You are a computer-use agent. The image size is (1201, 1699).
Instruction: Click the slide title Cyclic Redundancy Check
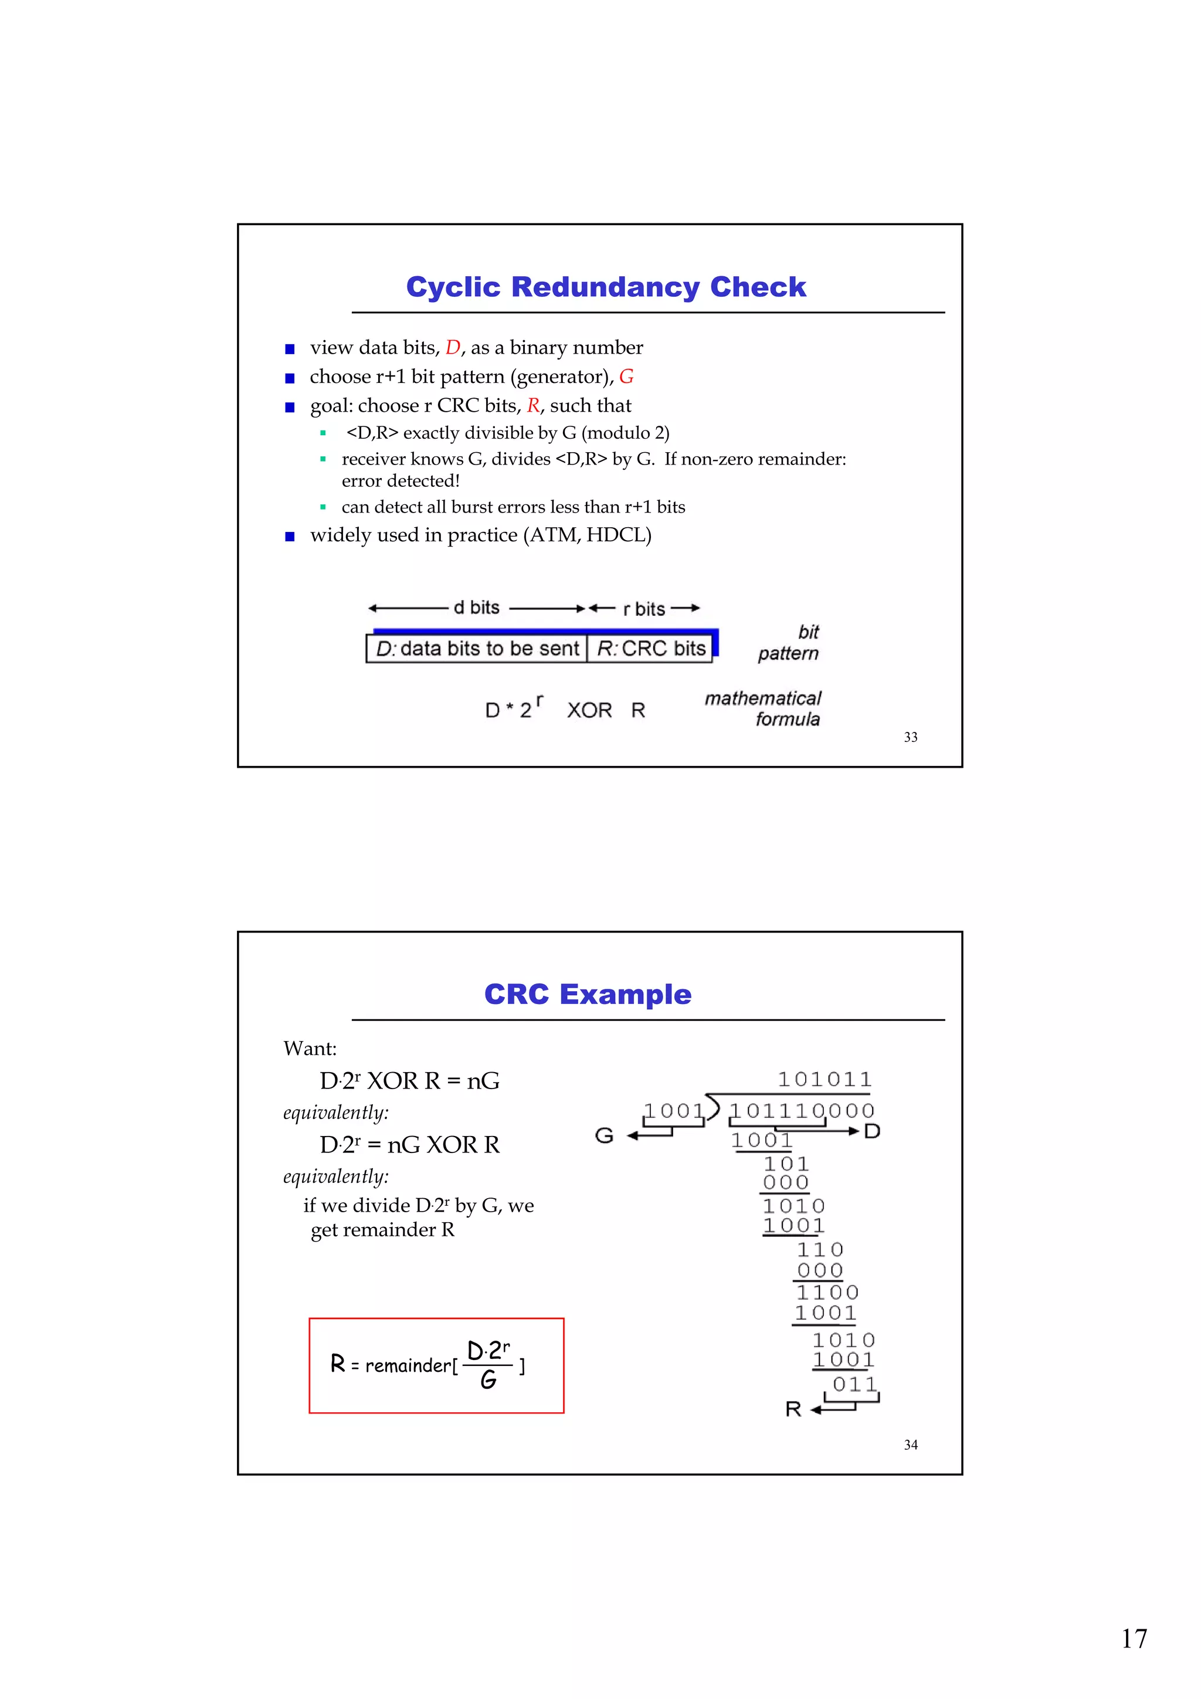pos(605,287)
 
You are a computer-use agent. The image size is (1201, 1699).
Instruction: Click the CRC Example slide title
pos(588,995)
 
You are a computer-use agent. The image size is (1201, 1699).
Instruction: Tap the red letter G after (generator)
pos(626,377)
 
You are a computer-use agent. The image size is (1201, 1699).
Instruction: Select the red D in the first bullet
pos(453,348)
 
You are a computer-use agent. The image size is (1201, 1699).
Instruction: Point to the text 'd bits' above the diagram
pos(477,608)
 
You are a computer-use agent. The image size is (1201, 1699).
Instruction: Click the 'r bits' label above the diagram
pos(644,609)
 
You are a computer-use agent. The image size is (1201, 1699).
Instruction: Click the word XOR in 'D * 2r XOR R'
pos(589,710)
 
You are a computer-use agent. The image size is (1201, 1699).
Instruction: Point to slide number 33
pos(910,737)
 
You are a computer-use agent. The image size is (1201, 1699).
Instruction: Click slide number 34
pos(910,1444)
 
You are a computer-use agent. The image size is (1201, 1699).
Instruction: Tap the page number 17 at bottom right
pos(1134,1639)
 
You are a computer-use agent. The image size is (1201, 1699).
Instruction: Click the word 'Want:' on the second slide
pos(310,1049)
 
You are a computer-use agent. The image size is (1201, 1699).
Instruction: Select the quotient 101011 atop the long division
pos(825,1080)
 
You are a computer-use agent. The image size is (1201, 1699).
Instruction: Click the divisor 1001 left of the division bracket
pos(673,1111)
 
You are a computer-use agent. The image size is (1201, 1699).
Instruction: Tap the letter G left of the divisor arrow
pos(604,1135)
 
